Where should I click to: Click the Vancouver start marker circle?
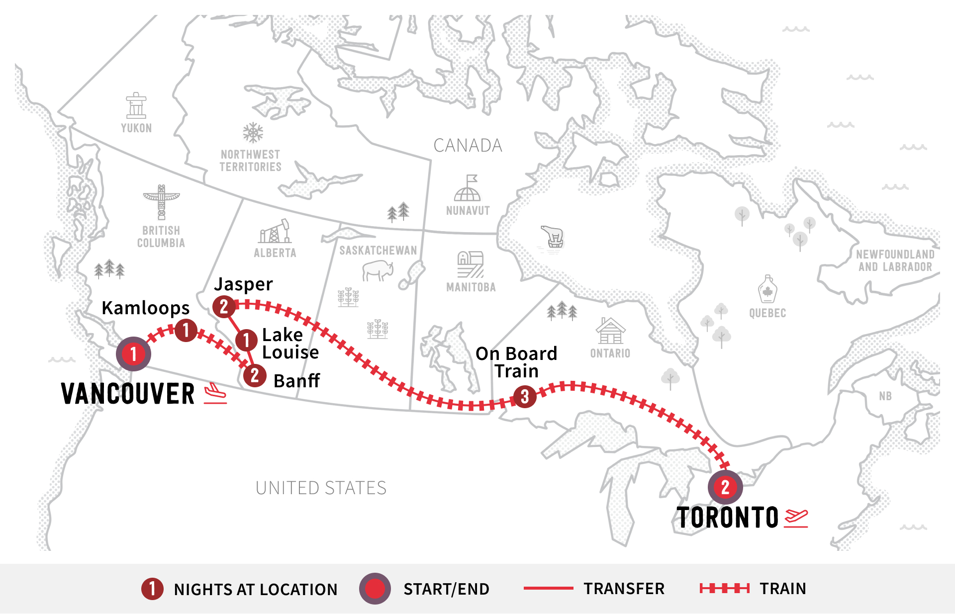133,354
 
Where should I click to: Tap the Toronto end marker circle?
725,487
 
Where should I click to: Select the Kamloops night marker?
186,330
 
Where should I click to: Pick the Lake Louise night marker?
246,341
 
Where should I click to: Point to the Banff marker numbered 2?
255,375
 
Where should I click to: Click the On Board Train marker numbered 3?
525,397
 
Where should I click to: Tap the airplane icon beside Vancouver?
215,393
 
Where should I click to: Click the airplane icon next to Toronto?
796,518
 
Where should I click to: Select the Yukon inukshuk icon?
136,105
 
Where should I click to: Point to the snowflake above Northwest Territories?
253,133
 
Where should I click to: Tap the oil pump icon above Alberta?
275,232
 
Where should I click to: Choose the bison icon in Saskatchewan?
378,270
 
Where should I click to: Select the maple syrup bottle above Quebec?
767,289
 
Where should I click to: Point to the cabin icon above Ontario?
610,331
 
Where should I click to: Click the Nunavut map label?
468,211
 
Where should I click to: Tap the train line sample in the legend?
724,589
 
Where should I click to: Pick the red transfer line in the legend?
548,589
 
